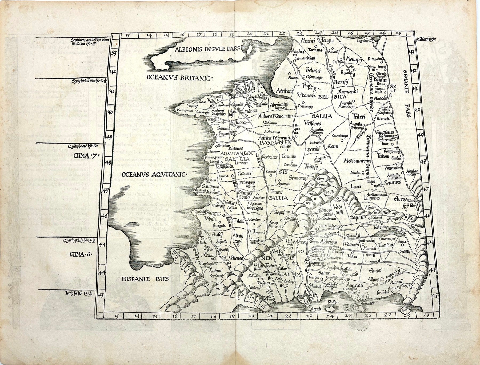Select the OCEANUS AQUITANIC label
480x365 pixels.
[x=155, y=175]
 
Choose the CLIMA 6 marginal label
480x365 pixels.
[x=79, y=255]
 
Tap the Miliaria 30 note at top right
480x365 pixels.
[x=426, y=39]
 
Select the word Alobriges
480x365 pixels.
[x=329, y=242]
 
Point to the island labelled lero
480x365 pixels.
[x=405, y=311]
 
